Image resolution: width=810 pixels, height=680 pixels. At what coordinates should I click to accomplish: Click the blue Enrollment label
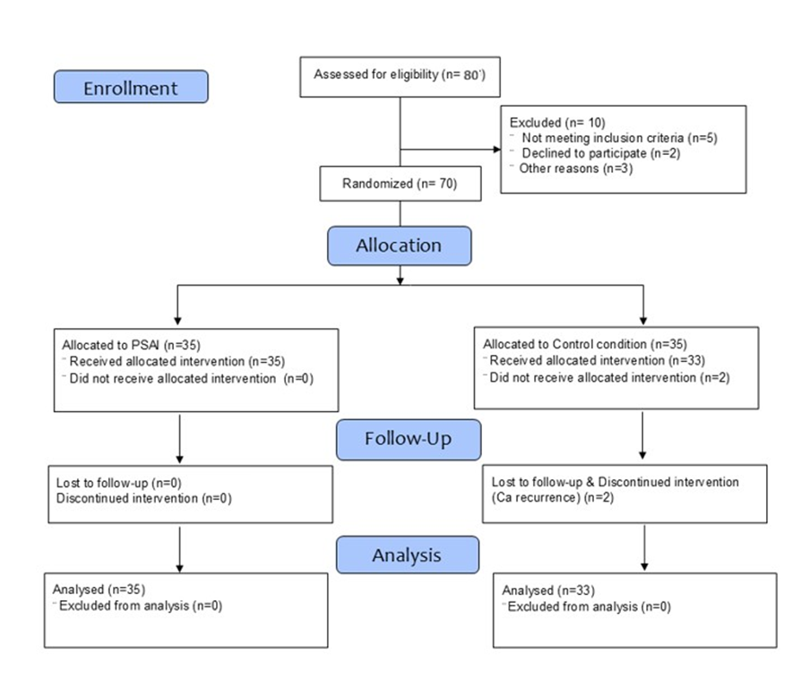coord(131,88)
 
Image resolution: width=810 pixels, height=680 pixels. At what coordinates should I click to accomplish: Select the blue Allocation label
coord(399,245)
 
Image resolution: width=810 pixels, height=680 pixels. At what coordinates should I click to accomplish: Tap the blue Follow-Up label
coord(408,439)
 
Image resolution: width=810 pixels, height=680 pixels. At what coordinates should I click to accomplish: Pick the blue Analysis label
coord(407,555)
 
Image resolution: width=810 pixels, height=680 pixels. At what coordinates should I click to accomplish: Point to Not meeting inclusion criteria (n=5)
coord(618,138)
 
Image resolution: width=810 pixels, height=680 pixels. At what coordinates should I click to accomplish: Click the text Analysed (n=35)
coord(99,590)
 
